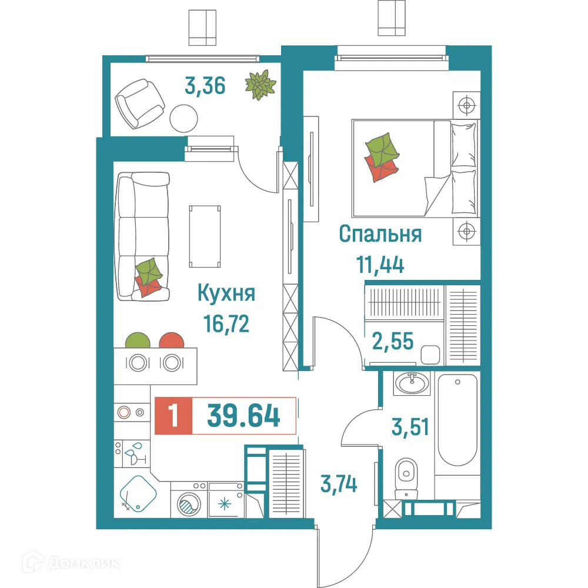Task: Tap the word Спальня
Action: click(x=380, y=234)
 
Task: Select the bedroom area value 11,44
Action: click(x=380, y=265)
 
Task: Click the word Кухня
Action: click(x=226, y=293)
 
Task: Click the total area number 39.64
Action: click(x=243, y=416)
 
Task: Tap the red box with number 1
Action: click(x=173, y=416)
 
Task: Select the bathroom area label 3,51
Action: click(x=410, y=425)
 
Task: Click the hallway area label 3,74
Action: click(x=339, y=485)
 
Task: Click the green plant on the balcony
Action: click(x=260, y=84)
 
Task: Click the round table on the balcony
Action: click(x=183, y=118)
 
